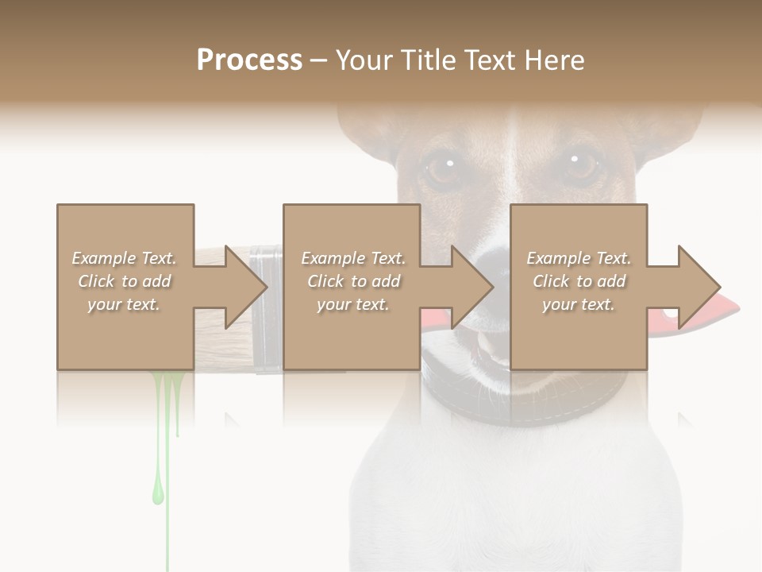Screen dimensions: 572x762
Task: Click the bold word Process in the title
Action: coord(249,60)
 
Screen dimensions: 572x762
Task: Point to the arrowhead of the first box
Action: coord(245,287)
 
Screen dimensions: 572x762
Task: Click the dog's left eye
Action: coord(441,168)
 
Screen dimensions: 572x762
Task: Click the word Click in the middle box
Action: coord(325,281)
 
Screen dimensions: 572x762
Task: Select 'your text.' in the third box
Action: coord(578,304)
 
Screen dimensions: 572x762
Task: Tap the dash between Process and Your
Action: coord(319,60)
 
